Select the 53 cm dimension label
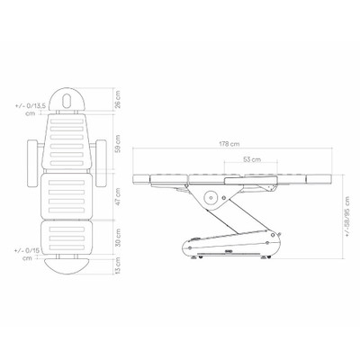tap(252, 159)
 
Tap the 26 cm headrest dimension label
tap(118, 99)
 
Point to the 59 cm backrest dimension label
tap(118, 144)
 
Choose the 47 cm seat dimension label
tap(118, 196)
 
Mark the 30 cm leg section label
tap(118, 238)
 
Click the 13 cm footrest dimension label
tap(118, 265)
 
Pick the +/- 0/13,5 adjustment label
tap(30, 109)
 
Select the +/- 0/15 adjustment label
tap(27, 254)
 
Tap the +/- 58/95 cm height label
tap(347, 217)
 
